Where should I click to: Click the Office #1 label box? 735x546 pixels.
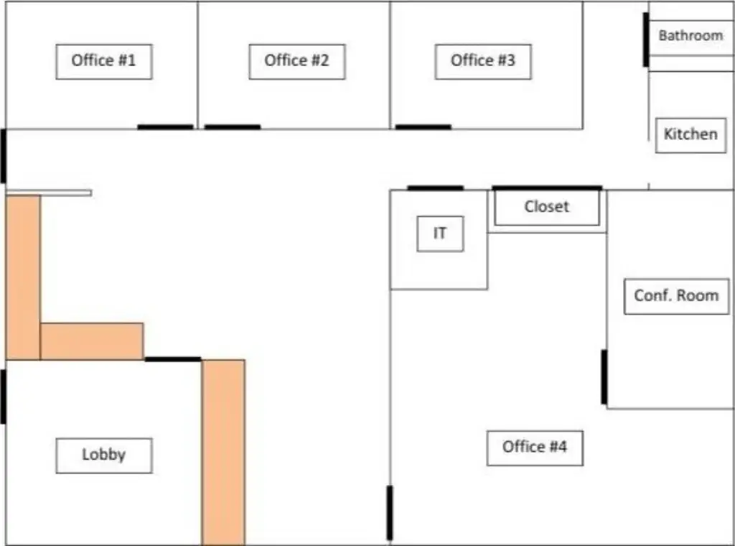pyautogui.click(x=104, y=62)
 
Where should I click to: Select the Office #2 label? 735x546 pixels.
pyautogui.click(x=297, y=62)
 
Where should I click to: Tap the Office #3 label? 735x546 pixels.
pyautogui.click(x=483, y=62)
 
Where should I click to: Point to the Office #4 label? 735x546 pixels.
pyautogui.click(x=535, y=448)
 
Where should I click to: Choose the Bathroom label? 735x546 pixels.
pyautogui.click(x=691, y=36)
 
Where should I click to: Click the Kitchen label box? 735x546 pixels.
pyautogui.click(x=691, y=135)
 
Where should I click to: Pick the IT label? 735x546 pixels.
pyautogui.click(x=440, y=233)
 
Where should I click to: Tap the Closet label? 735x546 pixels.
pyautogui.click(x=547, y=207)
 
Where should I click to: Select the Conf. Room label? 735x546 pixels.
pyautogui.click(x=676, y=297)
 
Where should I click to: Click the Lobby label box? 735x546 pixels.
pyautogui.click(x=104, y=455)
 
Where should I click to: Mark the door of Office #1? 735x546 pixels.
pyautogui.click(x=165, y=127)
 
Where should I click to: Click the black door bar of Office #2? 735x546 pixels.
pyautogui.click(x=233, y=127)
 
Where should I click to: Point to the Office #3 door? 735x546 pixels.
pyautogui.click(x=423, y=127)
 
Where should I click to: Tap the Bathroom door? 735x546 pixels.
pyautogui.click(x=646, y=40)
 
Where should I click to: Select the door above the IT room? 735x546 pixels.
pyautogui.click(x=436, y=188)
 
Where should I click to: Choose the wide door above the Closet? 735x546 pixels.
pyautogui.click(x=547, y=188)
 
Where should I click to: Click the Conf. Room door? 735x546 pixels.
pyautogui.click(x=604, y=376)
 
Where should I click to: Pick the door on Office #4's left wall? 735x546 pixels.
pyautogui.click(x=390, y=513)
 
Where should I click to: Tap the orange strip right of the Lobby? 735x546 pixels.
pyautogui.click(x=223, y=452)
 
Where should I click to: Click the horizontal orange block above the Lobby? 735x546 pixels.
pyautogui.click(x=92, y=341)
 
